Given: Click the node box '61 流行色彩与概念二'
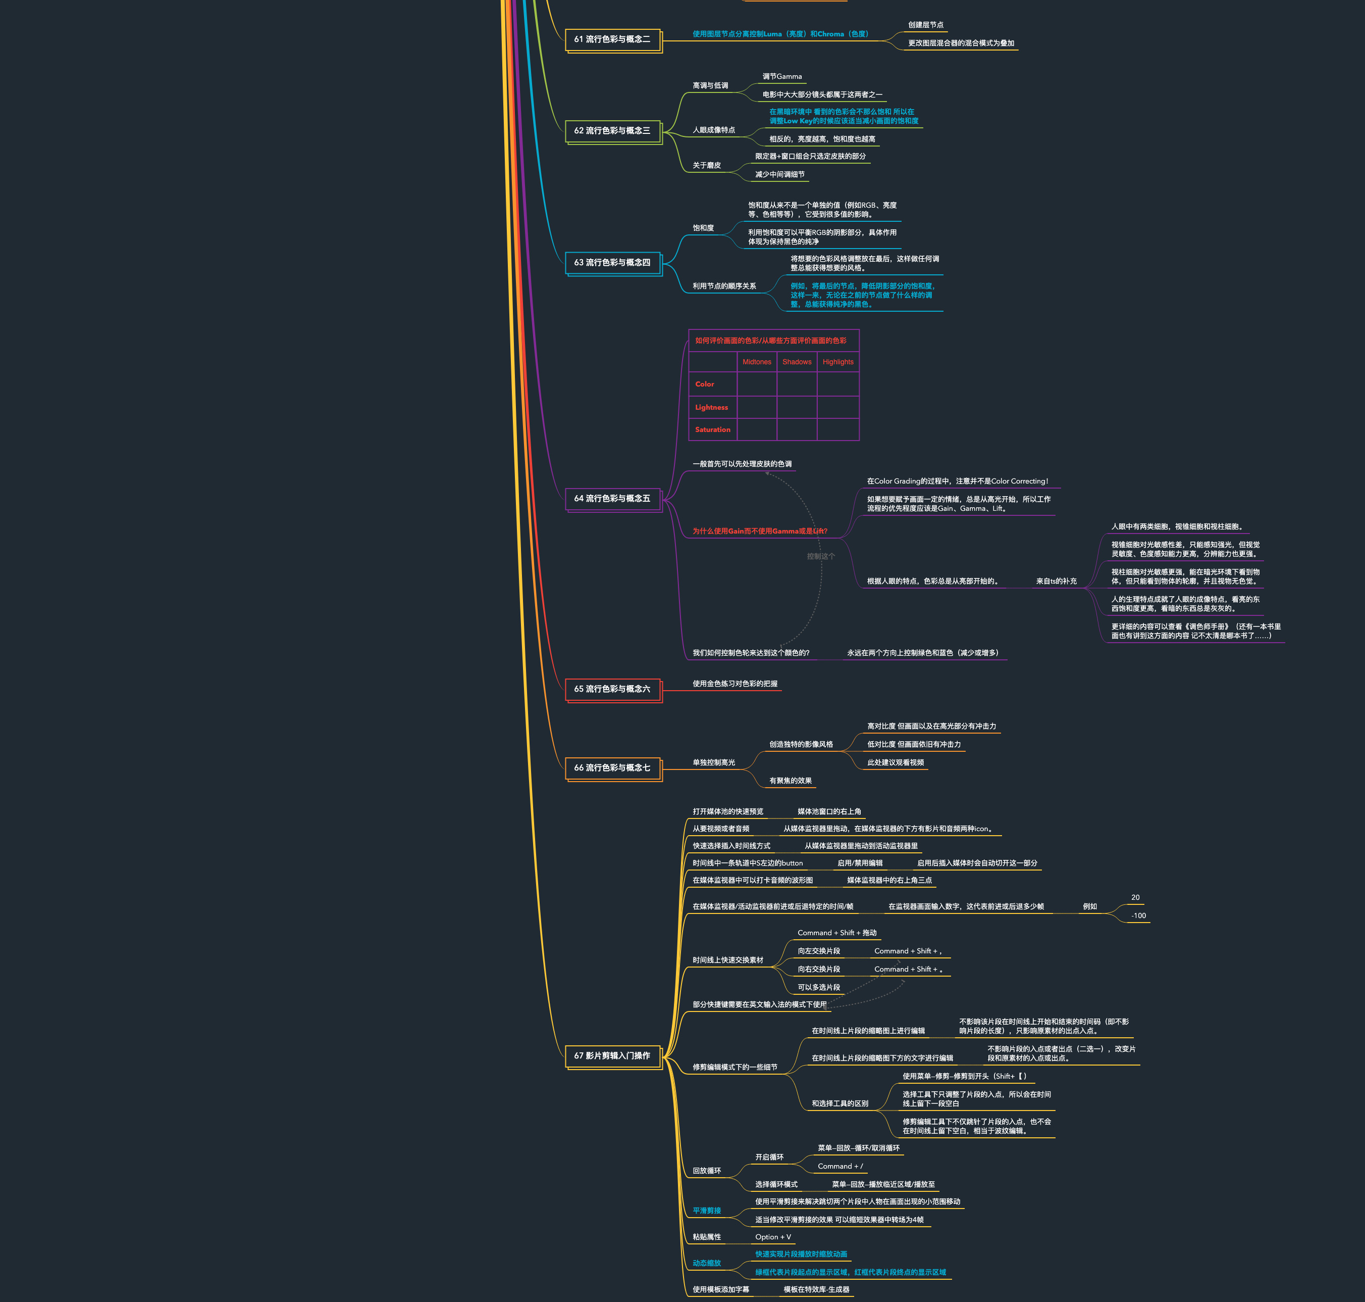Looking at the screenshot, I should point(612,39).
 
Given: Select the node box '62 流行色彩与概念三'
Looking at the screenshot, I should point(612,130).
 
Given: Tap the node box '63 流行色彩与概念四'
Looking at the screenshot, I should point(612,262).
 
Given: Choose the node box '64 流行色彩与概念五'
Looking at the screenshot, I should point(612,498).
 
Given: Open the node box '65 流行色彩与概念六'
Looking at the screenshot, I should point(612,689).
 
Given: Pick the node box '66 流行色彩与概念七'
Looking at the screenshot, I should point(612,767).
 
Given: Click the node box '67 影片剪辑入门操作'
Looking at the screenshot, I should point(612,1055).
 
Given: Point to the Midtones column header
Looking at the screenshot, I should point(756,362).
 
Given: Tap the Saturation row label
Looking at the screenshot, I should point(712,429).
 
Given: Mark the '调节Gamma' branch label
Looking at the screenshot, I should point(781,76).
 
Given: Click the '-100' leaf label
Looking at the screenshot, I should point(1138,915).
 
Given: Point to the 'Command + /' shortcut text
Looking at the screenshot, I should point(840,1166).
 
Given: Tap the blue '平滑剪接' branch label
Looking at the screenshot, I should point(706,1211).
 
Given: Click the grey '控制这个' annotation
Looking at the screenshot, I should point(820,556).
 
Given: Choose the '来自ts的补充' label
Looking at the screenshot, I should point(1056,581).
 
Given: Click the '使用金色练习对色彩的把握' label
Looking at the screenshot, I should point(734,684).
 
